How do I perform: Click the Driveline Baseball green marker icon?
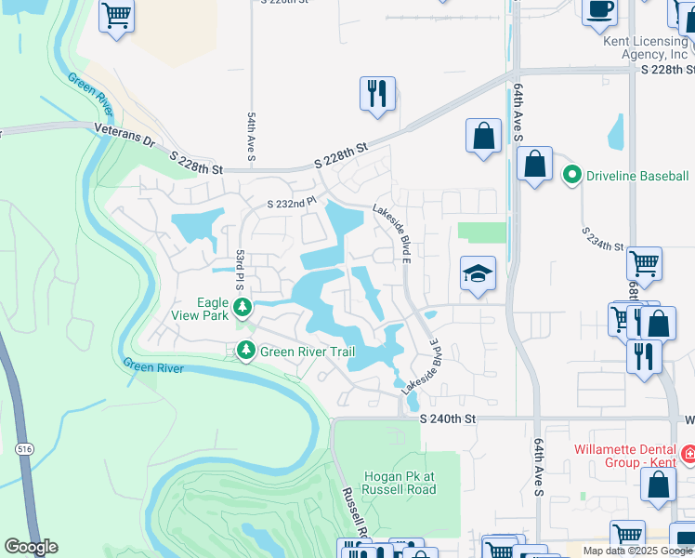coord(572,175)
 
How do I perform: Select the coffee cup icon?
coord(599,9)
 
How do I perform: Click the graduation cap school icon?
coord(478,273)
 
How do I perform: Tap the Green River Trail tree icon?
coord(246,351)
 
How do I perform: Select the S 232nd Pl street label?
coord(293,204)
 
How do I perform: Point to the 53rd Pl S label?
coord(240,266)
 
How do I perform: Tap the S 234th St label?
coord(602,239)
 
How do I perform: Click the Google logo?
coord(31,546)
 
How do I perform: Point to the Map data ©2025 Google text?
coord(636,551)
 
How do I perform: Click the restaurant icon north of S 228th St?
coord(377,94)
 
